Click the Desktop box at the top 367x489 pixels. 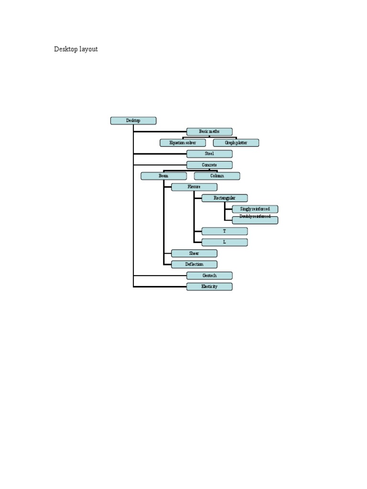tap(133, 121)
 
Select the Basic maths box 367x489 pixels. tap(209, 131)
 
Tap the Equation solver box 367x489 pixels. tap(183, 143)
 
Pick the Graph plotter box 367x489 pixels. tap(236, 143)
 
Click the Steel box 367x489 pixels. tap(209, 154)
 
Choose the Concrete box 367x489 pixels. tap(209, 165)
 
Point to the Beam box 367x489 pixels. tap(163, 176)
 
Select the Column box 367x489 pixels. tap(217, 176)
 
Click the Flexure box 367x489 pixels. tap(194, 187)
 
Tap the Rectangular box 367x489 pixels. tap(225, 198)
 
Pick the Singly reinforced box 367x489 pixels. tap(255, 209)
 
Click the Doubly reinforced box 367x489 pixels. tap(255, 220)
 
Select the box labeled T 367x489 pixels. tap(225, 231)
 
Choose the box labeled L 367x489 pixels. tap(225, 242)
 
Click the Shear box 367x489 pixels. tap(194, 253)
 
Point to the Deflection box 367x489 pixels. tap(194, 264)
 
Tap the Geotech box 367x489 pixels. tap(209, 276)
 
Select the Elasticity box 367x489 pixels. tap(209, 287)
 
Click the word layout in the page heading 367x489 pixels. tap(89, 49)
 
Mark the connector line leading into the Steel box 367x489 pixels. tap(160, 154)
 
